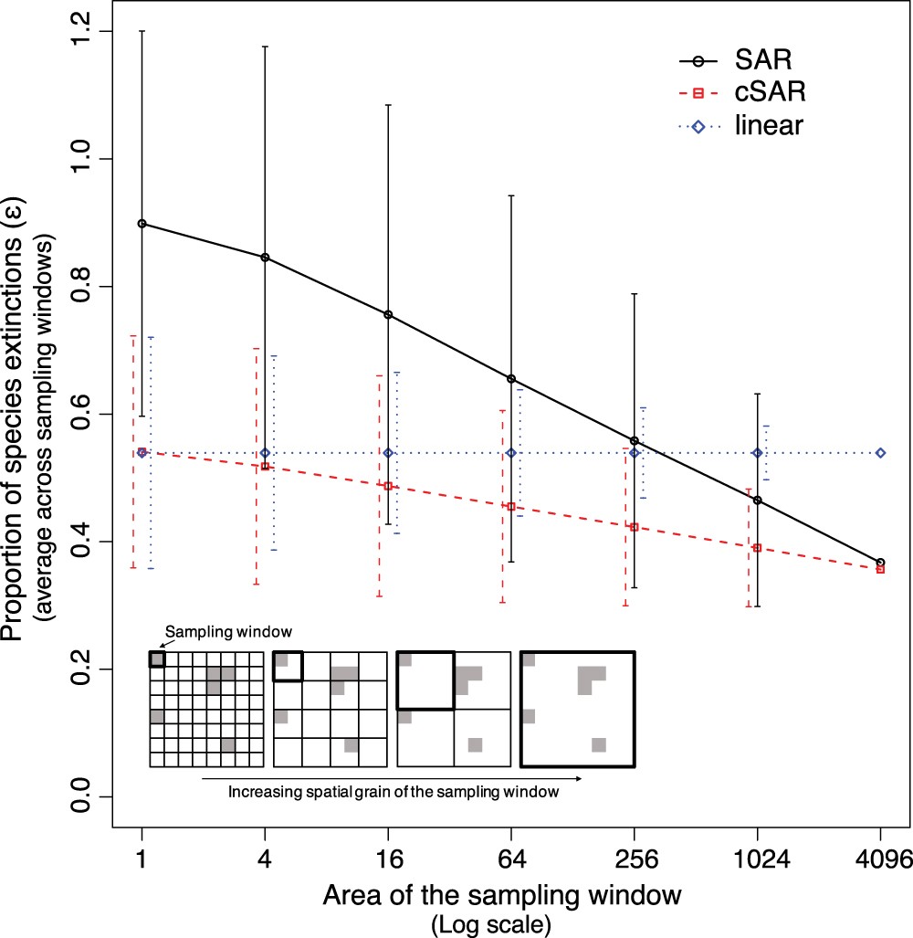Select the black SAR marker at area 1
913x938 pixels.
pos(142,223)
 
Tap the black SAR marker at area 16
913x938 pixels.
pos(388,315)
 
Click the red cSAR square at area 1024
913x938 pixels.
pos(757,548)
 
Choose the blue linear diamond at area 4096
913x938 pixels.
pos(880,453)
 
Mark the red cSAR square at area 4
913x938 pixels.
pos(265,467)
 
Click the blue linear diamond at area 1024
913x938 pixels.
pos(757,453)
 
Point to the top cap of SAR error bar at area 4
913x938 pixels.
pos(265,46)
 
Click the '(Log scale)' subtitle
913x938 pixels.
pos(490,923)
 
